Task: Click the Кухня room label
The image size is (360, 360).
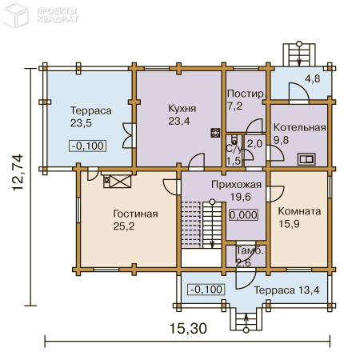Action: click(182, 109)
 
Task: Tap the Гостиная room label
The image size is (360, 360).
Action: click(135, 214)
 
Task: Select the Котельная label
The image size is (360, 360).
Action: click(300, 127)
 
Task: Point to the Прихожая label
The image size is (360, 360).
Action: click(236, 185)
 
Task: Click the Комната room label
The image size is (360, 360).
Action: click(299, 211)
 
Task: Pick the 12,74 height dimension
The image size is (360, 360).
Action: click(18, 172)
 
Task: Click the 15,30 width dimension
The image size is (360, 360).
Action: click(188, 328)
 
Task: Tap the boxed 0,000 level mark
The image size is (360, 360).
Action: click(243, 215)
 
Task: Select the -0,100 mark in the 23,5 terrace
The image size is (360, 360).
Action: click(88, 146)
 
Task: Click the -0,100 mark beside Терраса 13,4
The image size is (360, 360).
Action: click(206, 290)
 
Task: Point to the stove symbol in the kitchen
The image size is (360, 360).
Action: click(215, 133)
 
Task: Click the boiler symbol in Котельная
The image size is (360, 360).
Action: click(306, 159)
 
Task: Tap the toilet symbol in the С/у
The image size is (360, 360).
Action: click(234, 141)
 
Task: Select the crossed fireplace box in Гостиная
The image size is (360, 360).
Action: click(121, 182)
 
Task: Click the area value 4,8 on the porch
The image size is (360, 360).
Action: click(313, 78)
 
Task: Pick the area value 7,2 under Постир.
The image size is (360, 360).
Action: click(235, 106)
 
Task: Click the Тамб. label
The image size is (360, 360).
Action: click(250, 250)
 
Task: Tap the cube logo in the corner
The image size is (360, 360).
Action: click(15, 15)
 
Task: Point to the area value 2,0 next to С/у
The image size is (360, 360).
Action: click(254, 144)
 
